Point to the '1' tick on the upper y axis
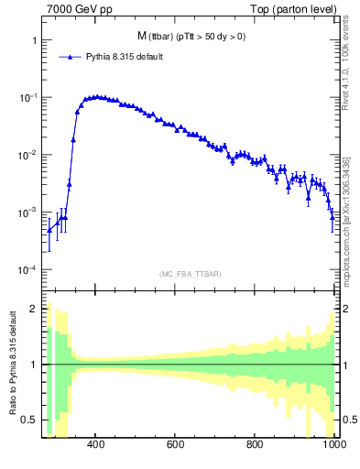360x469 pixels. click(33, 41)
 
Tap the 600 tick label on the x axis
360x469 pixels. click(176, 445)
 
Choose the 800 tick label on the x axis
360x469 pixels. click(256, 445)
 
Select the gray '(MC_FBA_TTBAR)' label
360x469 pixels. click(190, 274)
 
